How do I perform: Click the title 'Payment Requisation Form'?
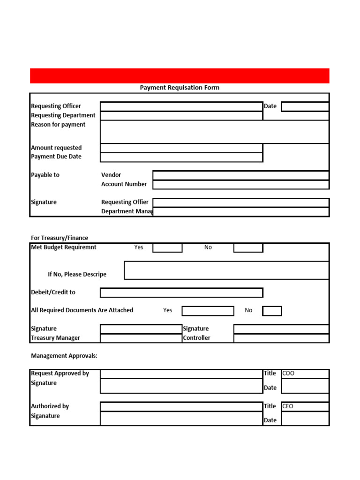180,88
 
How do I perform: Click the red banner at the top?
180,75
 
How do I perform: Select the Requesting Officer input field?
181,106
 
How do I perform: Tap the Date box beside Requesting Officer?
305,106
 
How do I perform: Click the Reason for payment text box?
214,132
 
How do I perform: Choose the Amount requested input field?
181,148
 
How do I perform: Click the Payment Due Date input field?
181,157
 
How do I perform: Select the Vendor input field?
241,175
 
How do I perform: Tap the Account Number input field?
241,184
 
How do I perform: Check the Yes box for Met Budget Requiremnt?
167,247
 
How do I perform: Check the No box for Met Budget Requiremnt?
248,247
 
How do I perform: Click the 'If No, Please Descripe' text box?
226,270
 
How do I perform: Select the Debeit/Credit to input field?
181,292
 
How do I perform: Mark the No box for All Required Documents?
272,311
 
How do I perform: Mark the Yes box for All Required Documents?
208,311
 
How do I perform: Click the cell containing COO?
305,374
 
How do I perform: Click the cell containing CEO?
305,406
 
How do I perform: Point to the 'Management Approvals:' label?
64,356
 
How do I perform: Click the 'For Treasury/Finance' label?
60,238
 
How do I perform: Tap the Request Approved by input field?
181,374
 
